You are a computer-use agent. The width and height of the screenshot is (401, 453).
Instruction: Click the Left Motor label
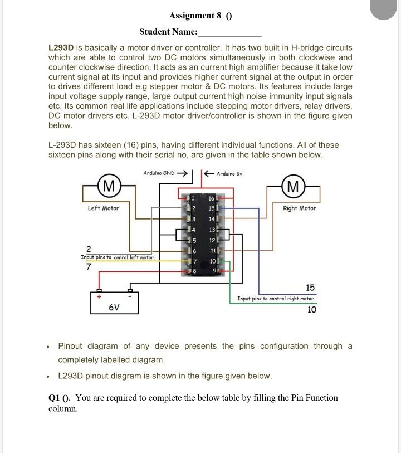tap(103, 208)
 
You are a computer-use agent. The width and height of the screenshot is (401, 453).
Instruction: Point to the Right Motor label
tap(299, 208)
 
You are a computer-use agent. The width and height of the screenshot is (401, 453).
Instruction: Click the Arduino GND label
tap(159, 173)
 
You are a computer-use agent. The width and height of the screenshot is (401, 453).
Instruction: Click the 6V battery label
tap(114, 306)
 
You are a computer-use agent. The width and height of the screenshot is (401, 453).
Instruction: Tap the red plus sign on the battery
tap(98, 297)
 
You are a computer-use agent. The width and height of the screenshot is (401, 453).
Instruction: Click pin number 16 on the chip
tap(211, 198)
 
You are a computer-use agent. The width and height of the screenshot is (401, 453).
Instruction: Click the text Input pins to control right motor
tap(277, 299)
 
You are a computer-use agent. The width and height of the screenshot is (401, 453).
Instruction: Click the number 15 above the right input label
tap(310, 288)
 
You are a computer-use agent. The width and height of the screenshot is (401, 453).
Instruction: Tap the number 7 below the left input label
tap(88, 267)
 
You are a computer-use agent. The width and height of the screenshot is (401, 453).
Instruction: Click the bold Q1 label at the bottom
tap(56, 398)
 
